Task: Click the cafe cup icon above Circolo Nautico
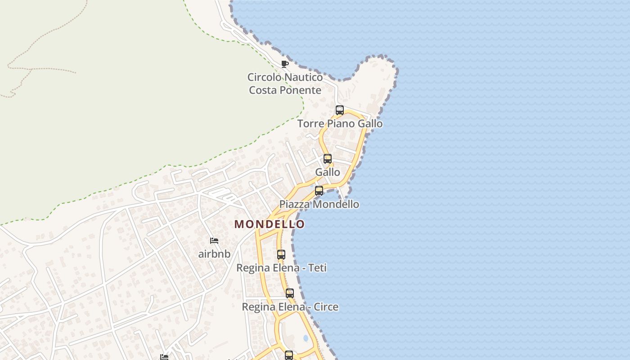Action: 284,64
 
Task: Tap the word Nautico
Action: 303,77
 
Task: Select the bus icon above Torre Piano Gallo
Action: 340,110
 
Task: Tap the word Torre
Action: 310,124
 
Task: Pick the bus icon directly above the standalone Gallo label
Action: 328,159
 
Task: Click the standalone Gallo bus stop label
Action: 328,172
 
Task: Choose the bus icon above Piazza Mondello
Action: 319,191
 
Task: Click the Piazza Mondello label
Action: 319,204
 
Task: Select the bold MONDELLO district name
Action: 270,224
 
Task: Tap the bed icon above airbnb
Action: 214,241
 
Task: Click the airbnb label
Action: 214,254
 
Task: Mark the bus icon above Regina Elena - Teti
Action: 281,255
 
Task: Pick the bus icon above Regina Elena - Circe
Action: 290,293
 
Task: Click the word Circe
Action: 326,307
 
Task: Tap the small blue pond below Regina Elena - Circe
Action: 306,337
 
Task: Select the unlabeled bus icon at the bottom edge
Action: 289,355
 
